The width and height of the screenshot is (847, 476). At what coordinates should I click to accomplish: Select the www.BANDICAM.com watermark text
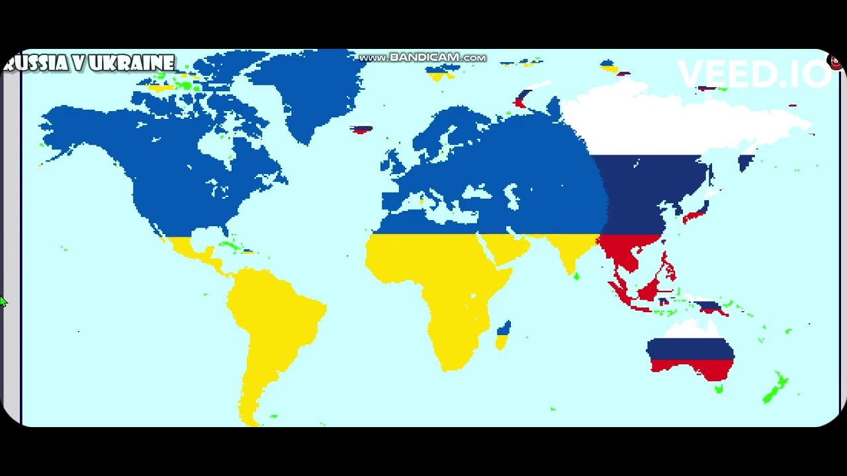coord(422,58)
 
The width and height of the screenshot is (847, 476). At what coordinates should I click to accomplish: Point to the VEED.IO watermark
coord(753,75)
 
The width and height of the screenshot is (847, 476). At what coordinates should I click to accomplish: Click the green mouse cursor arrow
coord(3,301)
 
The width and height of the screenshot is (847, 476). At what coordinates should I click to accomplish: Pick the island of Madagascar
coord(503,335)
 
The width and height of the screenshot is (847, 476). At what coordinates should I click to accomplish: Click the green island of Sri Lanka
coord(576,276)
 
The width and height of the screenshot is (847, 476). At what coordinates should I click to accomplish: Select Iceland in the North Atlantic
coord(361,129)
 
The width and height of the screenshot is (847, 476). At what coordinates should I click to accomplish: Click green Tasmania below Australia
coord(719,389)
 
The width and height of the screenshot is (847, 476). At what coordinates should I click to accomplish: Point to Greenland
coord(298,86)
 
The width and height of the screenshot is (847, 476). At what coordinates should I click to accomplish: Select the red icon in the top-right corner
coord(835,62)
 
